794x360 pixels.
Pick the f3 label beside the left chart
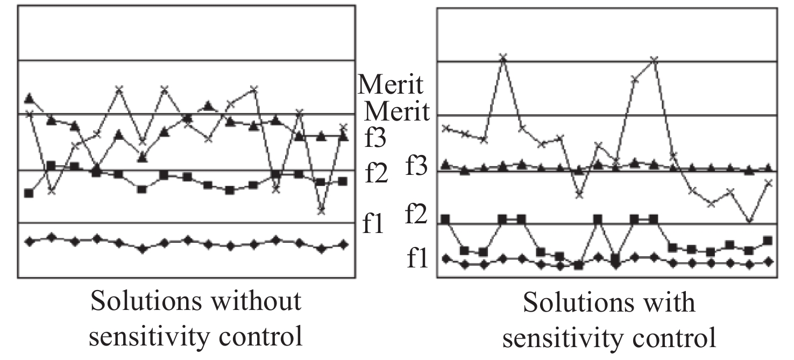tap(375, 138)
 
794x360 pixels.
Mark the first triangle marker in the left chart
tap(30, 98)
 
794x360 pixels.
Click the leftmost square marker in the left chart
tap(29, 193)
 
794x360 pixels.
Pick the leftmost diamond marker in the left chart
tap(30, 242)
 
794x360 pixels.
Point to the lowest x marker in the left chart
tap(321, 210)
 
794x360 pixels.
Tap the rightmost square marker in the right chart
tap(768, 240)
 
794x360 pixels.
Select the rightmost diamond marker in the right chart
tap(768, 262)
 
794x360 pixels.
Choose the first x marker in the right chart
tap(445, 128)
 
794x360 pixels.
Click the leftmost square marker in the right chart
tap(445, 219)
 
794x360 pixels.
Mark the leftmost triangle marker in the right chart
tap(445, 164)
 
